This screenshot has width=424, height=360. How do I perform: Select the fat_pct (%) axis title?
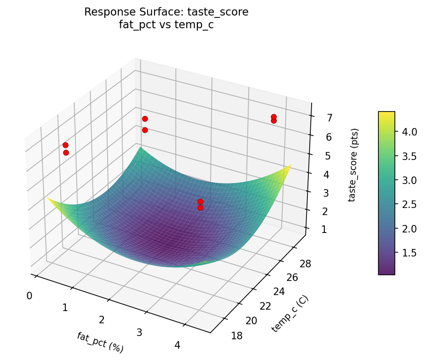tap(101, 342)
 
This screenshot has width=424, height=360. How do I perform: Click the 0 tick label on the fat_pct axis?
tap(30, 296)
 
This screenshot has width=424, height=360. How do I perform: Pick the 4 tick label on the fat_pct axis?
tap(177, 345)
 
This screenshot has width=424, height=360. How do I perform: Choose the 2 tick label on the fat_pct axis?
tap(102, 320)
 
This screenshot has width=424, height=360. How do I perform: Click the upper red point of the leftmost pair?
tap(65, 145)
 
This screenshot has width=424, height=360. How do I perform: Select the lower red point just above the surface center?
tap(200, 208)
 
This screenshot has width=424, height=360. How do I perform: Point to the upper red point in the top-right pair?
tap(274, 117)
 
